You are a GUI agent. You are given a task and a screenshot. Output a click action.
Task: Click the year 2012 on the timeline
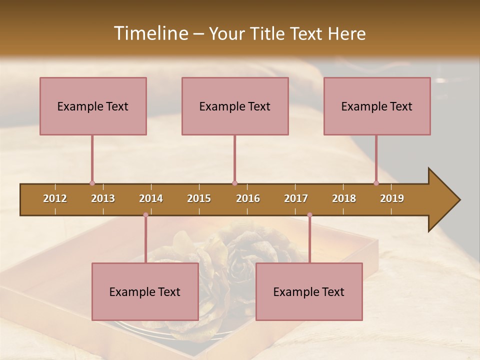pyautogui.click(x=55, y=198)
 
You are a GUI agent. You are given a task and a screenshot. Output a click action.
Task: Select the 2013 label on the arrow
pyautogui.click(x=103, y=198)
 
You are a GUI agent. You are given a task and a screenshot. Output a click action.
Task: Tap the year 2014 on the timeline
pyautogui.click(x=151, y=198)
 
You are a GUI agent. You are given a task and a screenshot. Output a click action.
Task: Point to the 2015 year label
pyautogui.click(x=199, y=198)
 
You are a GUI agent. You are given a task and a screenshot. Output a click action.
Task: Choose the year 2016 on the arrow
pyautogui.click(x=248, y=198)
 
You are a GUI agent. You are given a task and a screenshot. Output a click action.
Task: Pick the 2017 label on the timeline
pyautogui.click(x=296, y=198)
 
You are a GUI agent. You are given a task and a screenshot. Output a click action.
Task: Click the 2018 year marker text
pyautogui.click(x=344, y=198)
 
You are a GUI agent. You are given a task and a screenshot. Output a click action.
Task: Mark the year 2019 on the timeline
pyautogui.click(x=392, y=198)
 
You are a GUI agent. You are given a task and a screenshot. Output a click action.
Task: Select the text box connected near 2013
pyautogui.click(x=93, y=106)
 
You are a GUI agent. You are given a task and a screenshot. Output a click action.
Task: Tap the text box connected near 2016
pyautogui.click(x=235, y=106)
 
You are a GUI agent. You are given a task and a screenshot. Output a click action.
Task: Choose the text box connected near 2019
pyautogui.click(x=377, y=106)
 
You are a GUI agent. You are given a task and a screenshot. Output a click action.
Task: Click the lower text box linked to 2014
pyautogui.click(x=145, y=291)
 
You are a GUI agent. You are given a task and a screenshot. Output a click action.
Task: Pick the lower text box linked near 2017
pyautogui.click(x=309, y=291)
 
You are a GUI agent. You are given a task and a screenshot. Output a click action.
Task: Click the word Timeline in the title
pyautogui.click(x=150, y=33)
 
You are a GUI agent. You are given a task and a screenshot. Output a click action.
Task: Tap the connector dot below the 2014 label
pyautogui.click(x=145, y=215)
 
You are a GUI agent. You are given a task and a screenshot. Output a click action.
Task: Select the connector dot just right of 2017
pyautogui.click(x=309, y=215)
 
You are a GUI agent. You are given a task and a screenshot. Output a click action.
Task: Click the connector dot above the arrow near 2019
pyautogui.click(x=376, y=183)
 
